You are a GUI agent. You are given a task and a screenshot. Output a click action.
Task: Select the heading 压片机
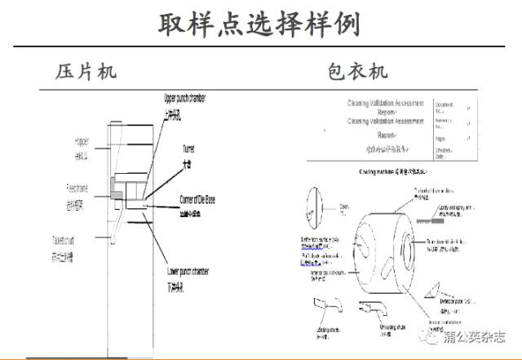click(86, 71)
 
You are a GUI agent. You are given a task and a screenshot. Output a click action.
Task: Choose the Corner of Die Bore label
click(202, 199)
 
